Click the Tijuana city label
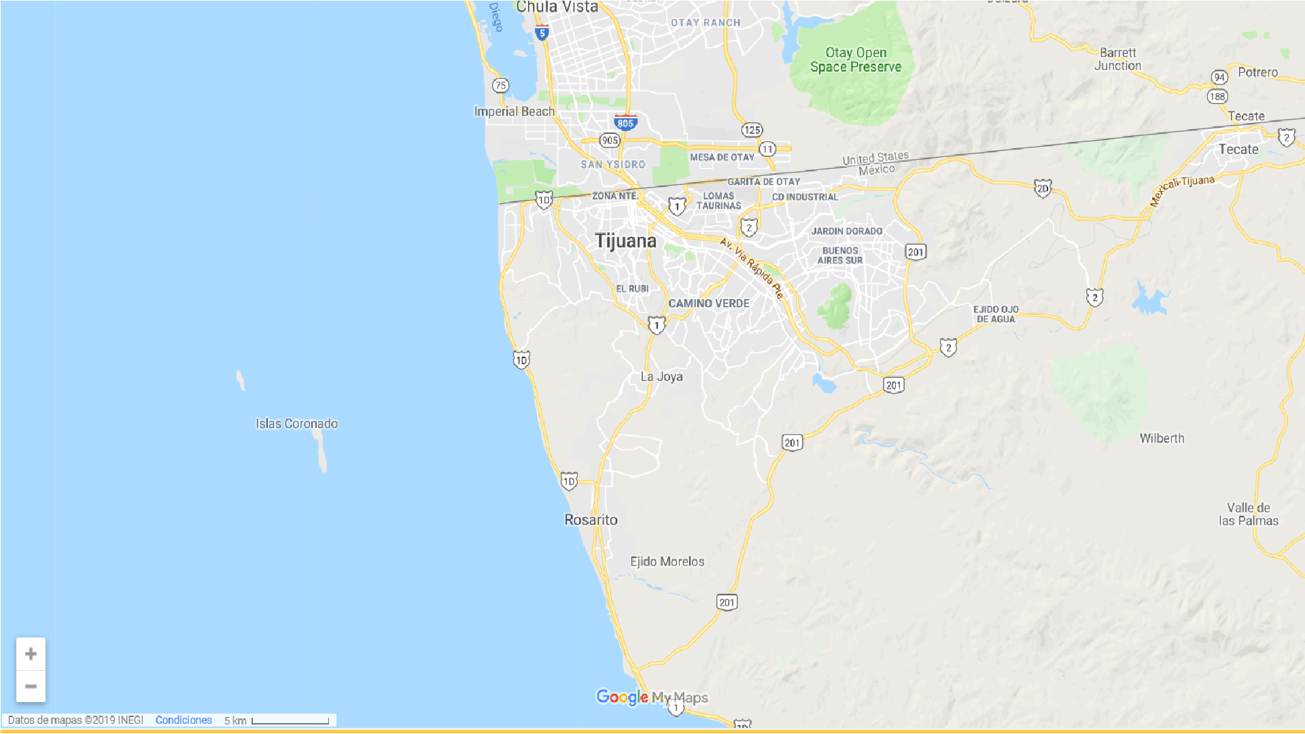pos(625,241)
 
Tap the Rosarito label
pos(591,520)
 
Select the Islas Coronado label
pos(296,424)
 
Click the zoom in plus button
pos(31,654)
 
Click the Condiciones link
pos(184,720)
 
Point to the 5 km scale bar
pos(290,720)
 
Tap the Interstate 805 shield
pos(625,122)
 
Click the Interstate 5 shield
pos(542,32)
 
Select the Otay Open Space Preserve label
pos(856,60)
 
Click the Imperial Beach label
pos(514,111)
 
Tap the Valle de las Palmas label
pos(1249,514)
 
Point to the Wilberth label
pos(1162,439)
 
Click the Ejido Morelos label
pos(667,562)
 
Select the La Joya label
pos(661,377)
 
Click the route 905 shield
pos(610,140)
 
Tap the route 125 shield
pos(752,130)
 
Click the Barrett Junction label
pos(1117,59)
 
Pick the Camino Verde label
pos(709,304)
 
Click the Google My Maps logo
pos(652,697)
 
